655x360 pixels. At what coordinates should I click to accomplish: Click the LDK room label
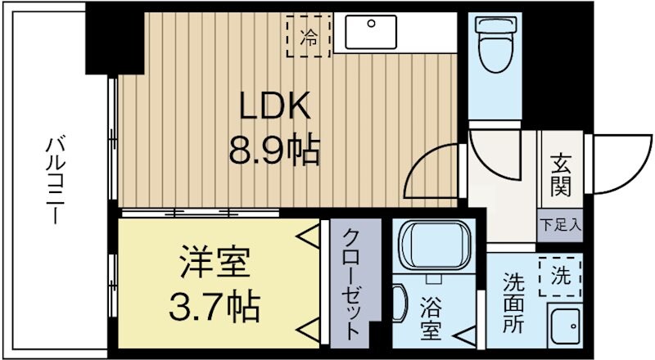click(x=273, y=106)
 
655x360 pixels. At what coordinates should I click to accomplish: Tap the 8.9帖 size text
click(x=273, y=151)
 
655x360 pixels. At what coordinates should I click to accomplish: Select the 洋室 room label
click(x=215, y=263)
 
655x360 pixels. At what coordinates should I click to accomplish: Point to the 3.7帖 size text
click(x=215, y=308)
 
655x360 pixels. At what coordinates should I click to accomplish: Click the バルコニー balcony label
click(x=56, y=181)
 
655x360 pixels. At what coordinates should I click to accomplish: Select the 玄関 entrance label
click(x=561, y=177)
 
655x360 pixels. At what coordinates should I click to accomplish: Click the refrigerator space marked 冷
click(x=309, y=36)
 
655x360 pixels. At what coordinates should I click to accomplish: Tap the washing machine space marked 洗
click(x=561, y=277)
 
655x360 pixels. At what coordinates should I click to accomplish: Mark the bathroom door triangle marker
click(x=464, y=335)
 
